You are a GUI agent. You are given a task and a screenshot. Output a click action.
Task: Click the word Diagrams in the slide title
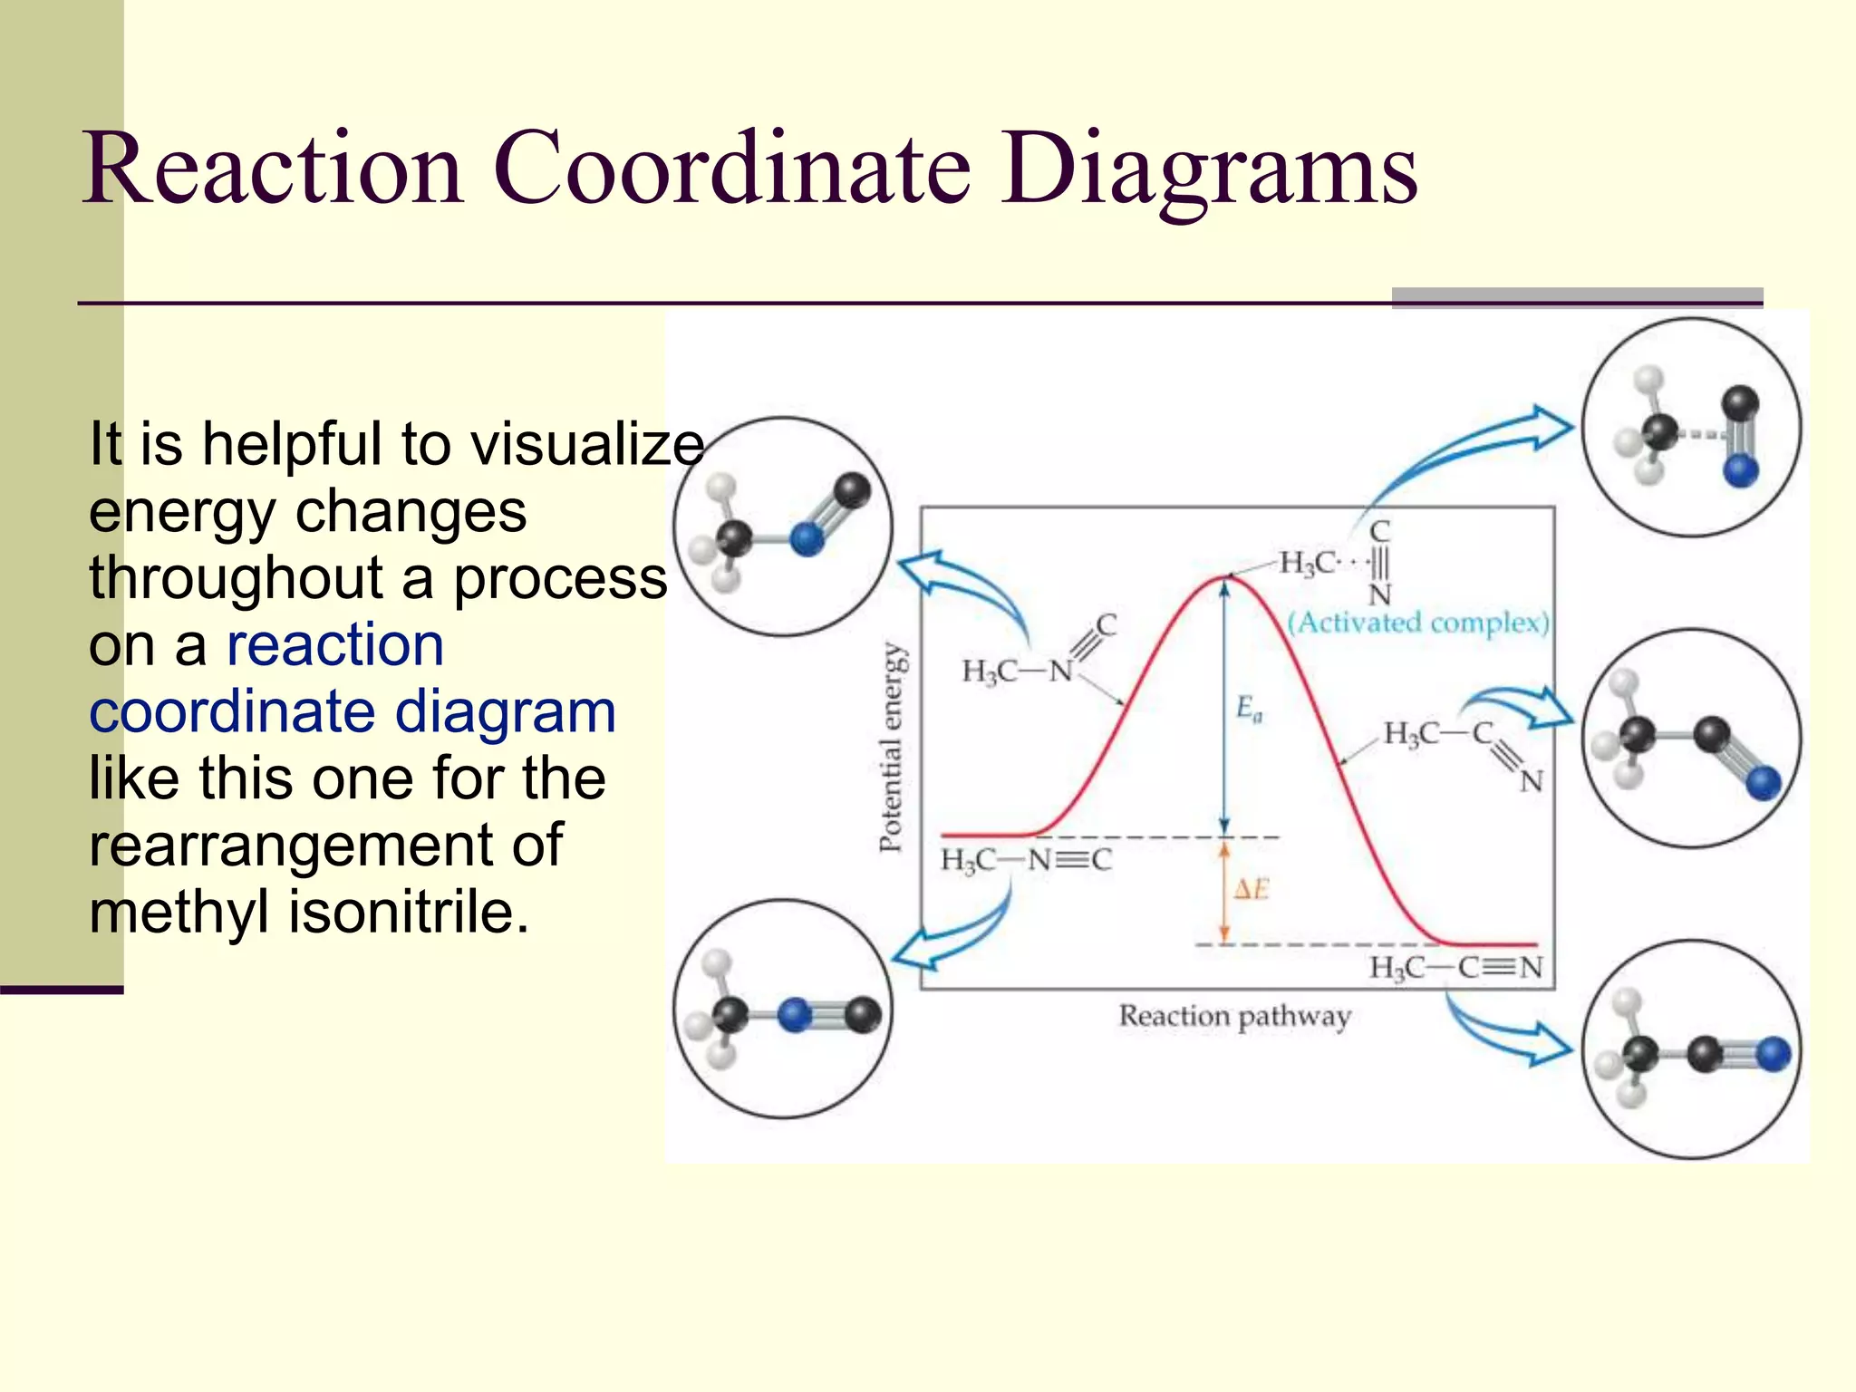click(x=1209, y=169)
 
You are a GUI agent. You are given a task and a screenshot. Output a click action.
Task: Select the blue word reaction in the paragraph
click(x=335, y=645)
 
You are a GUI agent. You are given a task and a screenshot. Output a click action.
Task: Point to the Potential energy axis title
click(x=892, y=748)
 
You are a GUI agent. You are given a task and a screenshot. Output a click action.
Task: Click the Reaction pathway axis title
click(x=1234, y=1016)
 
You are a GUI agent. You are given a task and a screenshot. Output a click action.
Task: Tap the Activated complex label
click(x=1419, y=623)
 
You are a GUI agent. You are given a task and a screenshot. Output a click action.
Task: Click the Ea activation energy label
click(x=1249, y=708)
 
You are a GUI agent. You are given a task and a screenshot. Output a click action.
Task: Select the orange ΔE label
click(x=1251, y=890)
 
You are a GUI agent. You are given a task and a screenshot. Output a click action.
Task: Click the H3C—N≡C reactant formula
click(x=1026, y=859)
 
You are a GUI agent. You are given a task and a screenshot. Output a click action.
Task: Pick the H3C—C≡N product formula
click(x=1455, y=968)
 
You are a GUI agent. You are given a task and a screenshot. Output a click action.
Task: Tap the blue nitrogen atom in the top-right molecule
click(x=1740, y=470)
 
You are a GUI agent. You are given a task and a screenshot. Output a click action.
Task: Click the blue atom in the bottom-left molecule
click(x=795, y=1015)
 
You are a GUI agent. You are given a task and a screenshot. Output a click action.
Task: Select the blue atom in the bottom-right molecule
click(x=1773, y=1054)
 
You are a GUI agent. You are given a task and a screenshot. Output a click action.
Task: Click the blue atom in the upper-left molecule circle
click(x=806, y=539)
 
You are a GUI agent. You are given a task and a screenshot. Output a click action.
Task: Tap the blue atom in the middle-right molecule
click(x=1763, y=782)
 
